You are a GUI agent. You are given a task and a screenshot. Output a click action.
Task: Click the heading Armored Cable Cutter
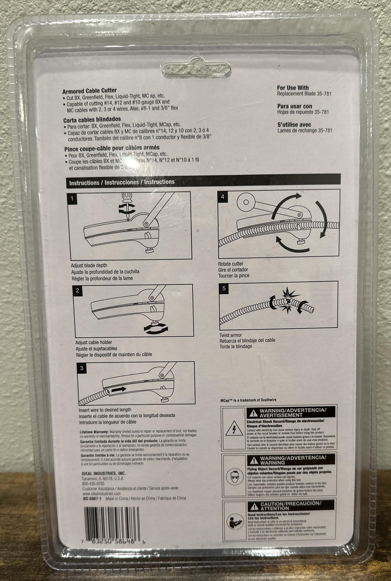click(90, 91)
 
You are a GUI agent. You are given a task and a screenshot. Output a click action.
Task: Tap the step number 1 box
click(72, 198)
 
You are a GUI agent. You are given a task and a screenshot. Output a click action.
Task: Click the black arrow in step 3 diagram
click(119, 389)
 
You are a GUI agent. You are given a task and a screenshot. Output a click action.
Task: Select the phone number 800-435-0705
click(93, 484)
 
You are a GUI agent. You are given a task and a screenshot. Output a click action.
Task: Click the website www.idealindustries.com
click(101, 494)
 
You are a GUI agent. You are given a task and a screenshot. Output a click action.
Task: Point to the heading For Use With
click(293, 88)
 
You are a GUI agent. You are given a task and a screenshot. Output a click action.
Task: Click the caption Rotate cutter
click(231, 264)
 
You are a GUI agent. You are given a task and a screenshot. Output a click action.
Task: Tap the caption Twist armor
click(230, 335)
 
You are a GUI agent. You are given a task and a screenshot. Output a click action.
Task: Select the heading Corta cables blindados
click(92, 119)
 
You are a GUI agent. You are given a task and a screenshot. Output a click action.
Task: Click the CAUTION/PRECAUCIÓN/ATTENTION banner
click(290, 505)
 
